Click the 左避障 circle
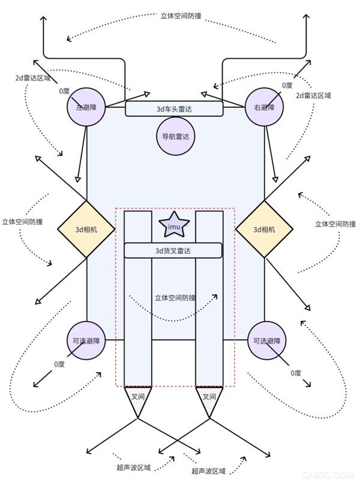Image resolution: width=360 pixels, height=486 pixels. (x=86, y=107)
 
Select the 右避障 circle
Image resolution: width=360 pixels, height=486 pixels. (x=264, y=107)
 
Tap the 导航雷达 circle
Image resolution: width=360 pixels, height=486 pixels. (x=176, y=136)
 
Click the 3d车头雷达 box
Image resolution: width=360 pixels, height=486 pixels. (x=174, y=109)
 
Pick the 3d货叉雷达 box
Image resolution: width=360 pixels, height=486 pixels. (x=173, y=250)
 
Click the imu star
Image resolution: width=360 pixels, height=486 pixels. (x=174, y=226)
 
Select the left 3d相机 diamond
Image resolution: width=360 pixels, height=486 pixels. (x=86, y=229)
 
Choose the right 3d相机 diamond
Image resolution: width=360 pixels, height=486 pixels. (x=264, y=229)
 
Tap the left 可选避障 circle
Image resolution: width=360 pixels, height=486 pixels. (x=86, y=341)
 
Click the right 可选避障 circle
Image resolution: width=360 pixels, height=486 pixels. (x=266, y=341)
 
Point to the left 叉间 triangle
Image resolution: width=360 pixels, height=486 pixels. (x=137, y=400)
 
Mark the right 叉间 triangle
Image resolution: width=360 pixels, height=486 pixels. (x=209, y=400)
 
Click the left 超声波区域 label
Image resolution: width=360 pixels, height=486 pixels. (x=134, y=467)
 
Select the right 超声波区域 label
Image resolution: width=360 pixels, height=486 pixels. (x=208, y=472)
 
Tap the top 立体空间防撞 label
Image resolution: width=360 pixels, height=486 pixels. (x=181, y=16)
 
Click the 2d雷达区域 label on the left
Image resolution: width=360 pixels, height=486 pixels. (x=33, y=78)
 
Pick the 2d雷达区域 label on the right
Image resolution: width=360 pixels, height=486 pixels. (x=313, y=95)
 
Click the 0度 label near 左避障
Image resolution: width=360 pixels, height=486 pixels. (x=64, y=91)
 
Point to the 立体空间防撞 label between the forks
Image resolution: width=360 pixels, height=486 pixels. (x=176, y=298)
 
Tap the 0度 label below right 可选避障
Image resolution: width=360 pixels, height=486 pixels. (x=296, y=373)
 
